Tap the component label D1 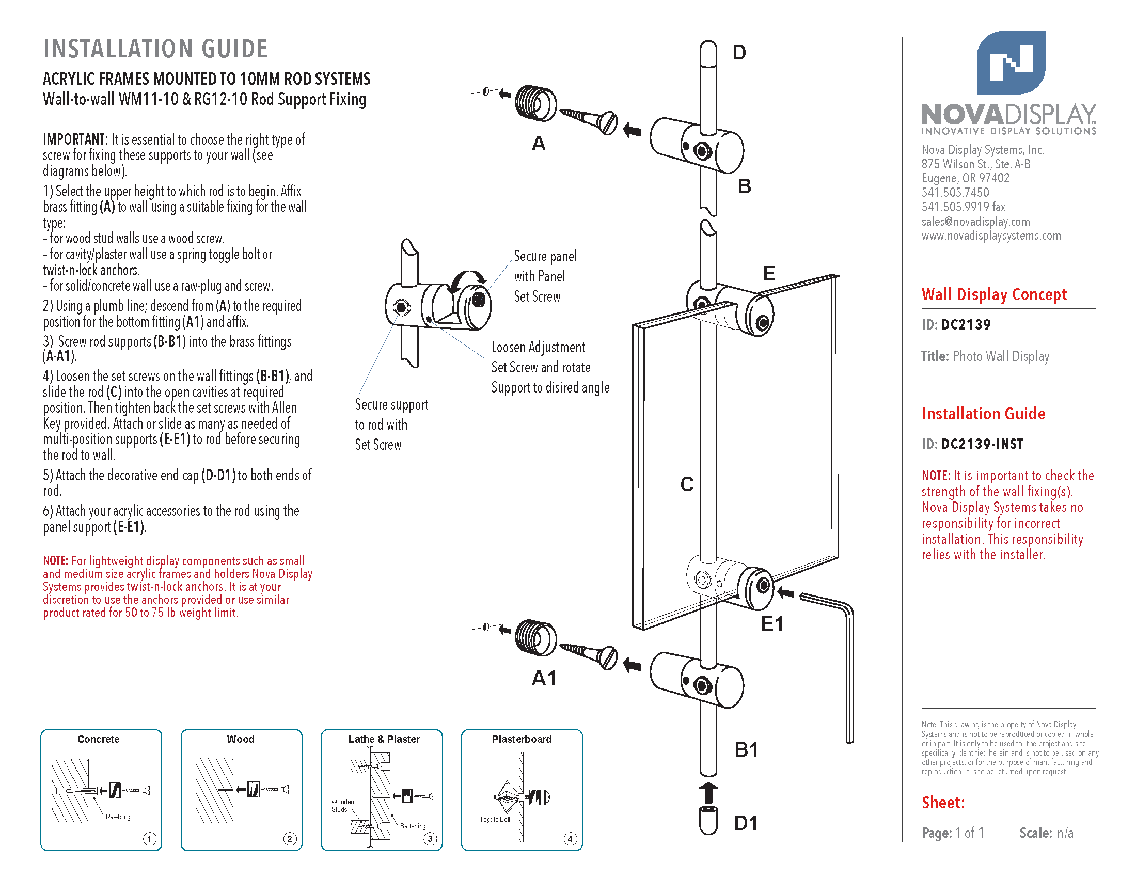click(x=745, y=823)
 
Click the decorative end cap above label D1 click(x=708, y=820)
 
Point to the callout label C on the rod click(x=687, y=484)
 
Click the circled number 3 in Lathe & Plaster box click(x=430, y=838)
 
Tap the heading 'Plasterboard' click(x=521, y=739)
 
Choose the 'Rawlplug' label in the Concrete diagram click(x=118, y=817)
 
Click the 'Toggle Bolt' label click(x=495, y=819)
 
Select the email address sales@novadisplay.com click(x=975, y=222)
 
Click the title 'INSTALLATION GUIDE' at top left click(x=155, y=49)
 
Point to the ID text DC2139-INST click(x=982, y=444)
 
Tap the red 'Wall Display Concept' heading click(x=993, y=295)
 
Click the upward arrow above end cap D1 click(x=708, y=793)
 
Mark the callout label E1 click(x=771, y=624)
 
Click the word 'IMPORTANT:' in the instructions click(x=75, y=139)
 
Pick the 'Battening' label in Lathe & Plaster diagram click(x=413, y=826)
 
